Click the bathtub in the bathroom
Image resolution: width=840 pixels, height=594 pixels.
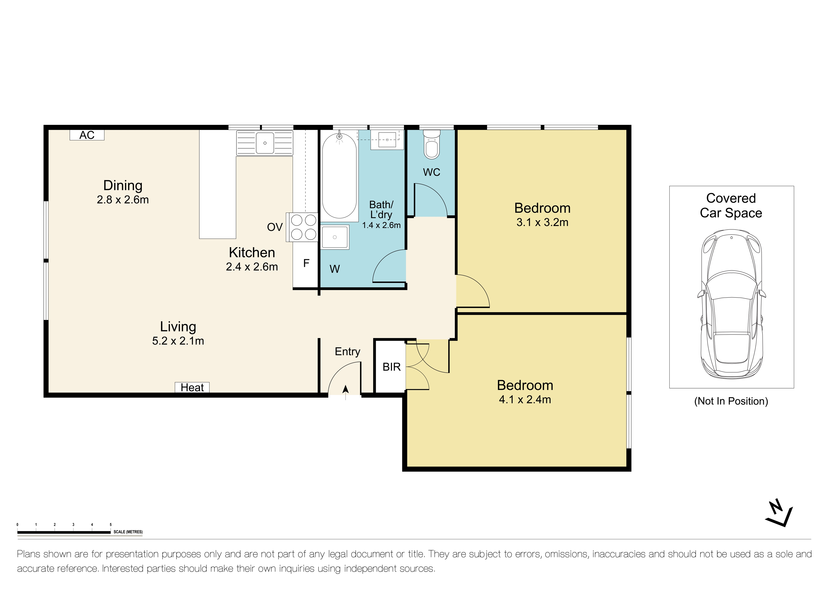pyautogui.click(x=339, y=176)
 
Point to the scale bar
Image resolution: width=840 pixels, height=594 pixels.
pyautogui.click(x=64, y=532)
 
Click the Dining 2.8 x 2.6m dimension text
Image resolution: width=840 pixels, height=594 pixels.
pyautogui.click(x=123, y=200)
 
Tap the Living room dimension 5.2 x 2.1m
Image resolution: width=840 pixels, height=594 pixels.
pyautogui.click(x=178, y=341)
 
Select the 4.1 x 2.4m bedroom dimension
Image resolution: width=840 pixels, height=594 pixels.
pyautogui.click(x=525, y=399)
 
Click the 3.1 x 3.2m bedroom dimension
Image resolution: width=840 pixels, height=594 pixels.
pyautogui.click(x=542, y=222)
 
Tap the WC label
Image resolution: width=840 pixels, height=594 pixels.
pyautogui.click(x=432, y=172)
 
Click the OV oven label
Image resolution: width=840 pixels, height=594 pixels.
pyautogui.click(x=275, y=227)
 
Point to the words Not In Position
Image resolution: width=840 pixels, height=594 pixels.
pyautogui.click(x=731, y=401)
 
